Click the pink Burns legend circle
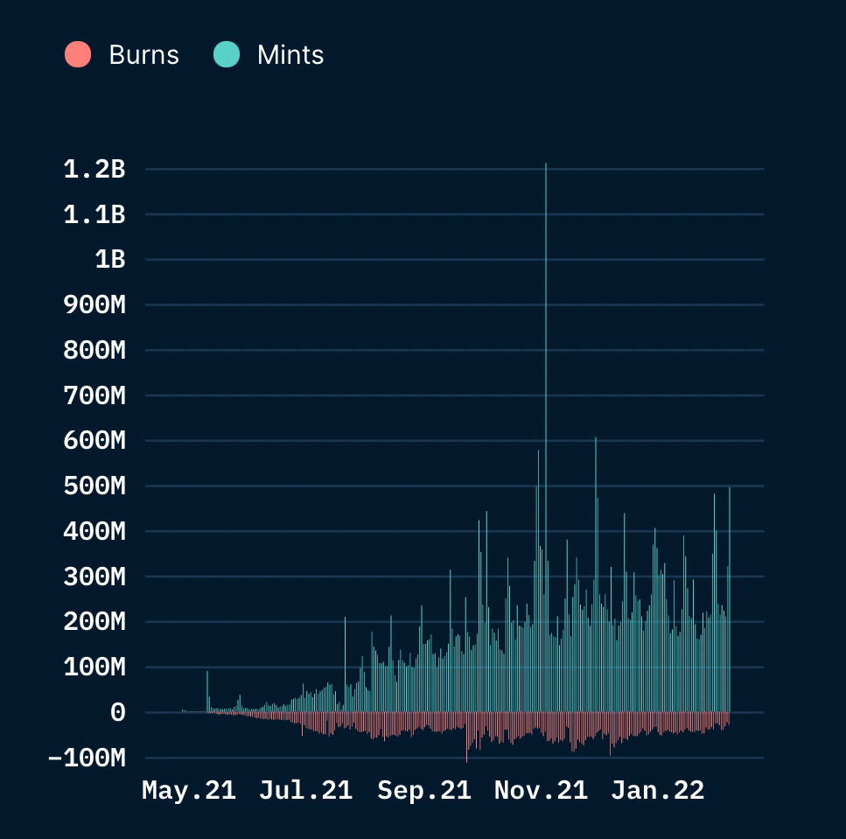click(78, 54)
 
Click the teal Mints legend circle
click(227, 54)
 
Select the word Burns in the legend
click(144, 55)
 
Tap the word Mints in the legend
click(290, 55)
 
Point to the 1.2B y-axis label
click(94, 170)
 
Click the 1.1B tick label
click(94, 214)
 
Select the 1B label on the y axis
click(110, 260)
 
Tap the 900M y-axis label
click(94, 304)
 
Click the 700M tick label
click(94, 395)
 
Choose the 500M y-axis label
click(94, 486)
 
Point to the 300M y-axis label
click(94, 577)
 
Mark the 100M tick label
click(94, 668)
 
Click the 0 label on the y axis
click(118, 713)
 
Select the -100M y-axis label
click(87, 758)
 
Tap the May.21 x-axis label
click(189, 790)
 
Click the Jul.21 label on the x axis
click(306, 790)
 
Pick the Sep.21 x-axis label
click(424, 790)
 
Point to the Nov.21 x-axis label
click(542, 790)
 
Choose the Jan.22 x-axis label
click(658, 790)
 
